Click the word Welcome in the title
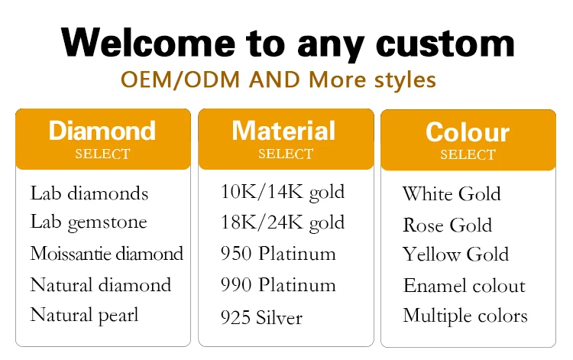tap(148, 42)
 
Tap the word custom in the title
tap(445, 43)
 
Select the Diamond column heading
tap(102, 131)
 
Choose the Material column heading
tap(283, 131)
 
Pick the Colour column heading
tap(468, 132)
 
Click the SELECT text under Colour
tap(468, 154)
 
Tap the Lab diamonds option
tap(89, 193)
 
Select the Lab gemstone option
tap(89, 222)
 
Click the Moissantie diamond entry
tap(107, 253)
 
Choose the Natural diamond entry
tap(101, 284)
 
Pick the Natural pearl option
tap(84, 316)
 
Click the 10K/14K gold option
tap(283, 193)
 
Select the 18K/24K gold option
tap(283, 222)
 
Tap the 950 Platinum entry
tap(278, 253)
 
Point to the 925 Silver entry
tap(261, 317)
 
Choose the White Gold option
tap(452, 193)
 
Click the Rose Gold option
tap(447, 225)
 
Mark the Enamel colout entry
tap(464, 285)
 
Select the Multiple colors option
tap(465, 316)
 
